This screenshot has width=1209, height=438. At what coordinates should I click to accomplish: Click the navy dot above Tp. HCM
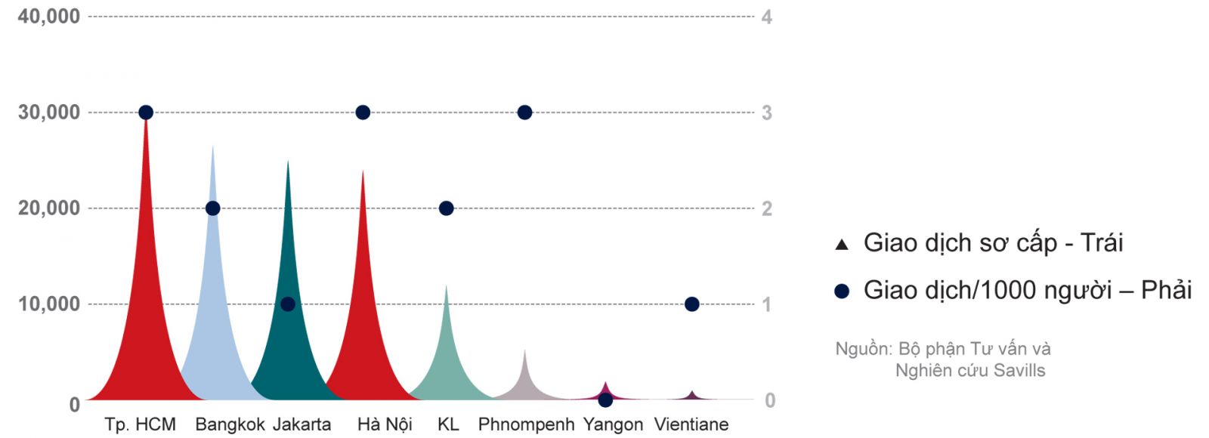tap(146, 113)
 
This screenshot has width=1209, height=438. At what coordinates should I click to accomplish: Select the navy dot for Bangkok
tap(212, 208)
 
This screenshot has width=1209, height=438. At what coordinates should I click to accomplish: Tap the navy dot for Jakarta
tap(288, 304)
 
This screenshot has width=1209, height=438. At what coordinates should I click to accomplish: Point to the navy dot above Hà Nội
tap(363, 113)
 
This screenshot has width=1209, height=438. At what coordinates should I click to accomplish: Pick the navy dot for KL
tap(447, 208)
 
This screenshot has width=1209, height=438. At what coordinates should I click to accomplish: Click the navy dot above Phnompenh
tap(524, 113)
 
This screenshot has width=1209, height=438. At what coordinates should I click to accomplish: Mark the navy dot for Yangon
tap(605, 399)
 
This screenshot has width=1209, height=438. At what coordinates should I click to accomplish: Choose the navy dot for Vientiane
tap(691, 304)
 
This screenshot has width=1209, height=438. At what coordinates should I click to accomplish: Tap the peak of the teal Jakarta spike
tap(288, 161)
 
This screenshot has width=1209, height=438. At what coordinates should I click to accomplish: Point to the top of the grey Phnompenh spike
tap(524, 350)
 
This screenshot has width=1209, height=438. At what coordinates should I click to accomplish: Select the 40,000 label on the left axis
tap(48, 16)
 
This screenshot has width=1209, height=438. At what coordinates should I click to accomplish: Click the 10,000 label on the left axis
tap(48, 304)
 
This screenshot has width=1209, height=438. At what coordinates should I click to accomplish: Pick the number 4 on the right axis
tap(766, 17)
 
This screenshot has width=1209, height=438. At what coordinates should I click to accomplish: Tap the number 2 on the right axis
tap(766, 208)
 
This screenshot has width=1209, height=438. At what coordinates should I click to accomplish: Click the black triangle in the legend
tap(842, 245)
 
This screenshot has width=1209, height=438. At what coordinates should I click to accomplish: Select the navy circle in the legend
tap(842, 291)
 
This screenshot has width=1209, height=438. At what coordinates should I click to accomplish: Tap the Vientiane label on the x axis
tap(691, 424)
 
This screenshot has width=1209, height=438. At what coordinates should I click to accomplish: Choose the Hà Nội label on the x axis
tap(385, 424)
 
